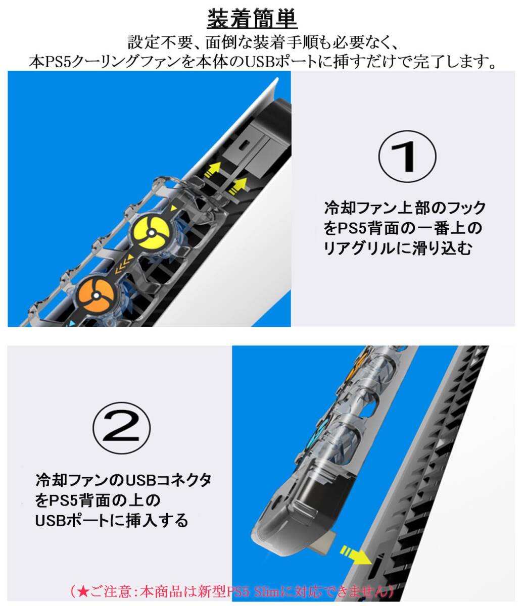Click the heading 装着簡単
click(x=252, y=19)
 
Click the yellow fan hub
click(x=150, y=232)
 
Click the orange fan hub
click(x=96, y=295)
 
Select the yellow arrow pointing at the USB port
click(x=356, y=555)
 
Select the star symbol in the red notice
click(x=83, y=591)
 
